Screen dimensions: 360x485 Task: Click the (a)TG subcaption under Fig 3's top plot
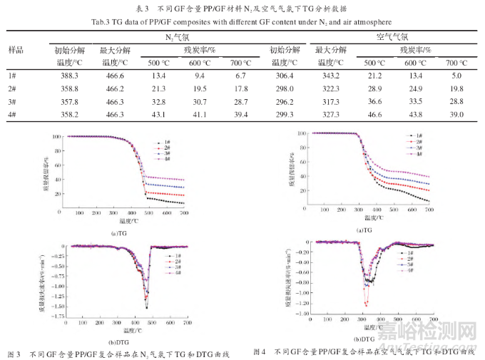(118, 233)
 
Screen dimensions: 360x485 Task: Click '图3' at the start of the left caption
(14, 354)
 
